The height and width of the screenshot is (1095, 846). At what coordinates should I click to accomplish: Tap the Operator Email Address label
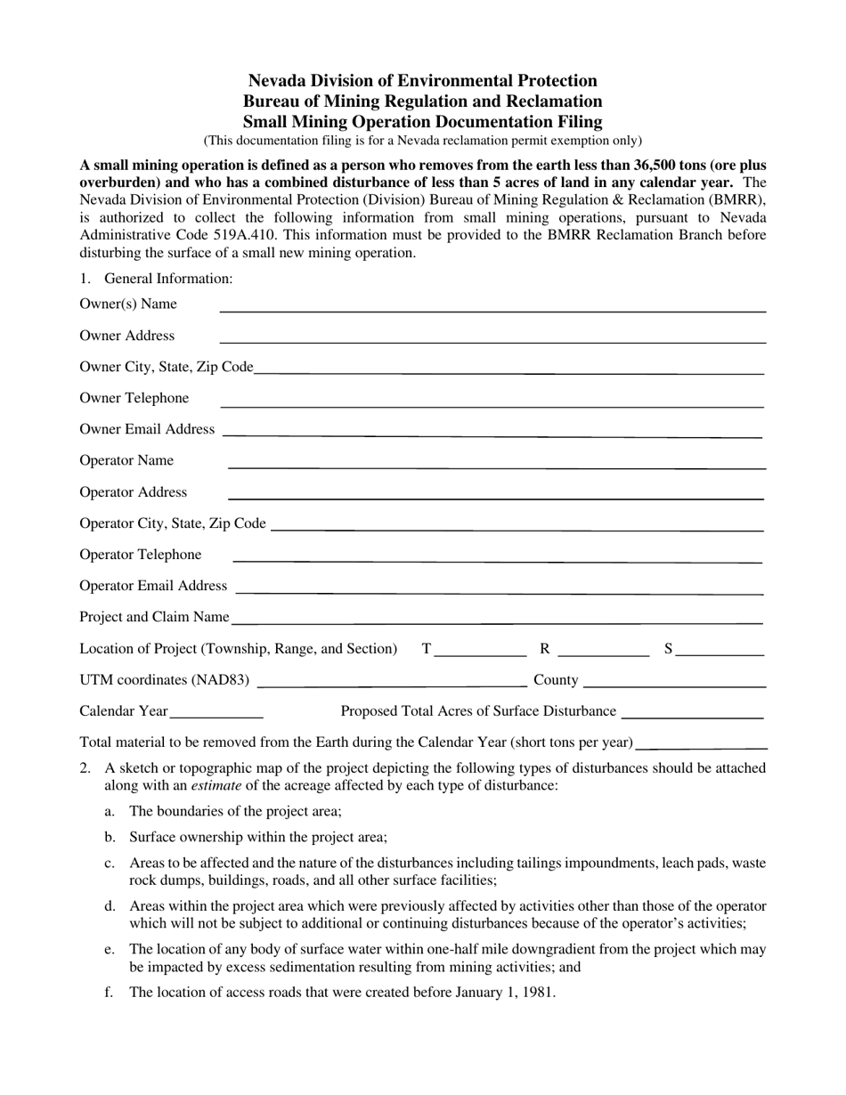click(153, 586)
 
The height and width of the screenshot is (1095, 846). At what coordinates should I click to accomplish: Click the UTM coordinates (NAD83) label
click(165, 680)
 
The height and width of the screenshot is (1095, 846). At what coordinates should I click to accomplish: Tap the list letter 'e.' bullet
click(110, 949)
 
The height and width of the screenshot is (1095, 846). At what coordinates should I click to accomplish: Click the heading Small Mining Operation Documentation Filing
click(423, 122)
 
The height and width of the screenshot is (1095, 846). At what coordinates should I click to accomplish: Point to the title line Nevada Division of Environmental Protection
click(423, 81)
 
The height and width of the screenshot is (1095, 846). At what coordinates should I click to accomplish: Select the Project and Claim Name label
click(154, 617)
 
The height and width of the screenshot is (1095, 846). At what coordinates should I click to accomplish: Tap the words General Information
click(168, 279)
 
